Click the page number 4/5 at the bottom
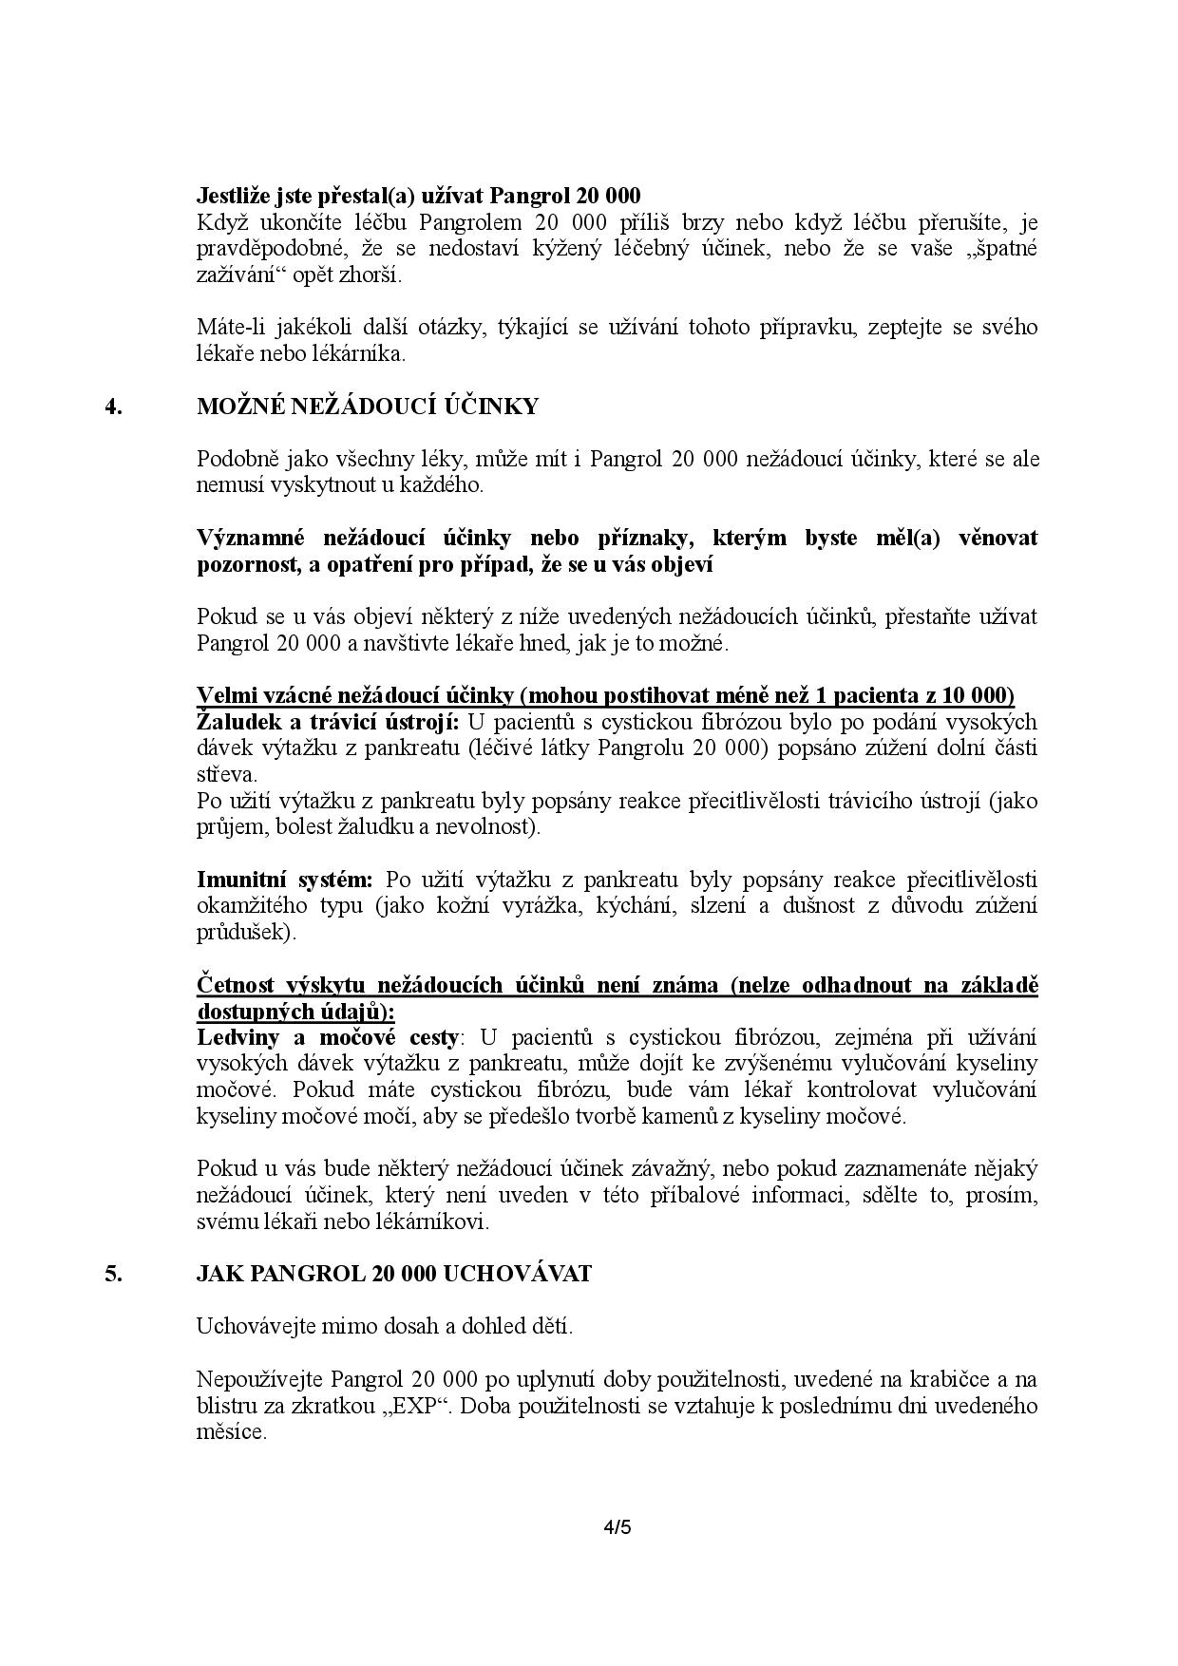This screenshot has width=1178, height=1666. coord(617,1528)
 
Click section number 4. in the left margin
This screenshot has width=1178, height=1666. coord(113,407)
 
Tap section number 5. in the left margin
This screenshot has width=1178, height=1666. coord(113,1273)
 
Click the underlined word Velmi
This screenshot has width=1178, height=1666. coord(225,695)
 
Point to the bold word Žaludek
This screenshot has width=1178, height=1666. coord(235,721)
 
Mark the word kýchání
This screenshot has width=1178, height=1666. coord(635,905)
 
